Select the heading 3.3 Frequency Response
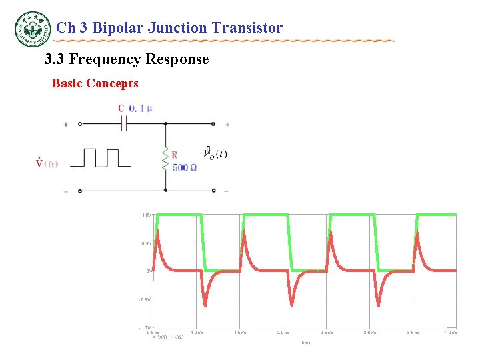pyautogui.click(x=127, y=60)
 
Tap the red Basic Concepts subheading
pyautogui.click(x=95, y=84)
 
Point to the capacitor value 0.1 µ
pyautogui.click(x=141, y=109)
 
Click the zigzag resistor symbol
pyautogui.click(x=165, y=160)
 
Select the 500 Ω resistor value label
pyautogui.click(x=185, y=167)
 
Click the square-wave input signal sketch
pyautogui.click(x=101, y=158)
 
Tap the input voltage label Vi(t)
pyautogui.click(x=47, y=164)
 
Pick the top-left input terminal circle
pyautogui.click(x=80, y=124)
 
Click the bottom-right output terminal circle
pyautogui.click(x=213, y=191)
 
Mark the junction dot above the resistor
pyautogui.click(x=165, y=124)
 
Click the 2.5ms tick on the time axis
pyautogui.click(x=327, y=332)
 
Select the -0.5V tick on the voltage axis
pyautogui.click(x=146, y=299)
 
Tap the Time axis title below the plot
pyautogui.click(x=305, y=343)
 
